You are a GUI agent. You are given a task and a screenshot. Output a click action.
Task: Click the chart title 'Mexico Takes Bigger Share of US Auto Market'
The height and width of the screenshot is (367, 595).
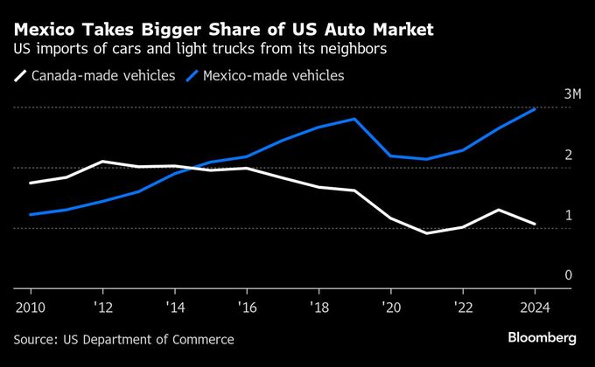(x=223, y=30)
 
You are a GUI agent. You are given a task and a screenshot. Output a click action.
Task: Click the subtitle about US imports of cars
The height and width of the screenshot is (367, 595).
(x=200, y=50)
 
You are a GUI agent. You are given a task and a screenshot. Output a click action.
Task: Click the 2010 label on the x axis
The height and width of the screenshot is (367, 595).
(x=31, y=308)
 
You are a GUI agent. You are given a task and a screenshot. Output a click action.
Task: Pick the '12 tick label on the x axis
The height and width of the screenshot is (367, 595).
(x=102, y=308)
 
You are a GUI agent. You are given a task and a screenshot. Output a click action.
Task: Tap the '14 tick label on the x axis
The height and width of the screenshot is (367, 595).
(x=174, y=308)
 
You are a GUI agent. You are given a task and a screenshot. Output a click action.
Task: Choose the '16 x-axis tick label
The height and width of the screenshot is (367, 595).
(x=246, y=308)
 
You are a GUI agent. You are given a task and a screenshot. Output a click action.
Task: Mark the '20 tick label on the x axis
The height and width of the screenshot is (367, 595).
(x=390, y=308)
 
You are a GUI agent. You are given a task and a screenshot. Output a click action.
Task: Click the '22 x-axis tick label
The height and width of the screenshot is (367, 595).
(x=462, y=308)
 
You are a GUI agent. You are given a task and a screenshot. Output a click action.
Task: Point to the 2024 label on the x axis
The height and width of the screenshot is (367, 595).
(x=534, y=308)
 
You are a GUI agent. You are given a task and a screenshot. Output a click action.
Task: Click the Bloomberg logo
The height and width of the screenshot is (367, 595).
(x=542, y=337)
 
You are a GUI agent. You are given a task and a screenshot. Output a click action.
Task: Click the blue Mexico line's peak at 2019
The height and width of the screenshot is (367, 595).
(x=354, y=119)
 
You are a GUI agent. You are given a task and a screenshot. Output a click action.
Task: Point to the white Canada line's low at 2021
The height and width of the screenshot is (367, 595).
(x=426, y=233)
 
